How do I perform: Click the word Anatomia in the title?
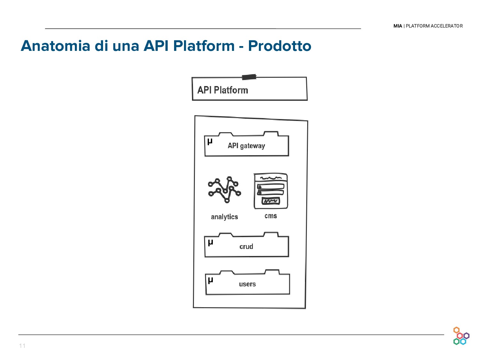pyautogui.click(x=55, y=46)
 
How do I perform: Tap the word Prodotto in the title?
pyautogui.click(x=279, y=46)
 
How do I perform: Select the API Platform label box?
pyautogui.click(x=249, y=89)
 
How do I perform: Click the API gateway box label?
pyautogui.click(x=246, y=146)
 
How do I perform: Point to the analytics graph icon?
pyautogui.click(x=224, y=189)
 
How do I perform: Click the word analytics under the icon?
pyautogui.click(x=224, y=217)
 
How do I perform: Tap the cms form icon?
pyautogui.click(x=271, y=191)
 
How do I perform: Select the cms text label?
pyautogui.click(x=271, y=216)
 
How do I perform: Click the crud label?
pyautogui.click(x=246, y=247)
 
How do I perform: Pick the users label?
pyautogui.click(x=247, y=284)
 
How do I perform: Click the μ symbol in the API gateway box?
pyautogui.click(x=210, y=141)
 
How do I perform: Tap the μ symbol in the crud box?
pyautogui.click(x=210, y=242)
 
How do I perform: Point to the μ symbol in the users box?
pyautogui.click(x=210, y=280)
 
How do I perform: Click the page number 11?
pyautogui.click(x=22, y=346)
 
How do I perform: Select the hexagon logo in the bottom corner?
pyautogui.click(x=461, y=336)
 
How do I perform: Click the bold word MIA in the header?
pyautogui.click(x=398, y=26)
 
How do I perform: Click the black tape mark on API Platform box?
pyautogui.click(x=249, y=77)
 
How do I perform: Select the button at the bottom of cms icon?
pyautogui.click(x=271, y=201)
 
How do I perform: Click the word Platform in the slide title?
pyautogui.click(x=204, y=46)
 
